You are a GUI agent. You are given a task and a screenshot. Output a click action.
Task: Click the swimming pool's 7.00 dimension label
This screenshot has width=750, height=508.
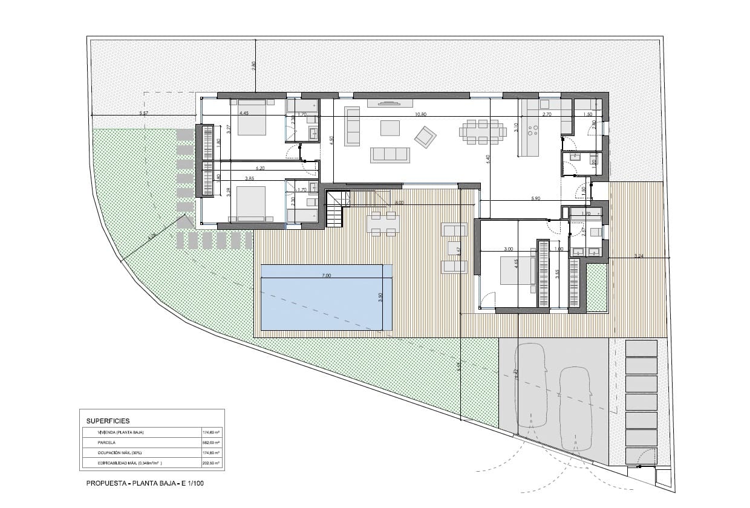click(326, 276)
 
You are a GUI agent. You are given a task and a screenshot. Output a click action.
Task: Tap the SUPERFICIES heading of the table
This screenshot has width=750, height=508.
click(108, 420)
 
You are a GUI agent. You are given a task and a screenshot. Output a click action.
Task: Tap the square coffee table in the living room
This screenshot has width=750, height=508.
click(390, 128)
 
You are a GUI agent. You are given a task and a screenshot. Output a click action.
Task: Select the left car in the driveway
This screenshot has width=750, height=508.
click(530, 385)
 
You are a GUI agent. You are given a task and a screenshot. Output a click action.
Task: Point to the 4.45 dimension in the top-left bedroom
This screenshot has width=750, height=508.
click(244, 114)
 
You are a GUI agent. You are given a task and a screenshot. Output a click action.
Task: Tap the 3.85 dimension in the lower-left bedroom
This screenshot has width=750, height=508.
click(249, 178)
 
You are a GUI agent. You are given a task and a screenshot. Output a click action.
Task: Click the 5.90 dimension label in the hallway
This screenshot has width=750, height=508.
click(536, 198)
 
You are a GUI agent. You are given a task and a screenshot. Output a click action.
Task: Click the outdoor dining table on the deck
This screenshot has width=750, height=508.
click(383, 224)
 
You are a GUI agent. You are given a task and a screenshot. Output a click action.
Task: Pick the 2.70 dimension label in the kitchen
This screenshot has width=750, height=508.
click(547, 114)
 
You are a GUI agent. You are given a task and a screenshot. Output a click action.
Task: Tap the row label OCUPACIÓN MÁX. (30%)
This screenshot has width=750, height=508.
click(121, 453)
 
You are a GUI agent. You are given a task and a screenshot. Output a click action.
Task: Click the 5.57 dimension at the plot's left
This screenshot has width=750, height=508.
click(144, 114)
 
